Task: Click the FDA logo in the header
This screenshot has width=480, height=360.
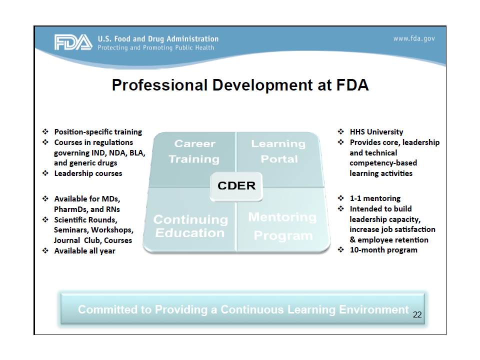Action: (x=73, y=42)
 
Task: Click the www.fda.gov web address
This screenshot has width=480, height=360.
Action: (x=414, y=39)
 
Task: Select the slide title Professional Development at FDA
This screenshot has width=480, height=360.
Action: (x=240, y=85)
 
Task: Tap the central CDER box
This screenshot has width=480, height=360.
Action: (x=236, y=185)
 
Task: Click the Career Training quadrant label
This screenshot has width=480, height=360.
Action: (x=194, y=151)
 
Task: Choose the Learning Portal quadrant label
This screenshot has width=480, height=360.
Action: (x=278, y=151)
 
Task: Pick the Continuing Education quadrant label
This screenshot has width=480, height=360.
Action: (x=190, y=226)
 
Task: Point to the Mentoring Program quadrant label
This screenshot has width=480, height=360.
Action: (x=282, y=226)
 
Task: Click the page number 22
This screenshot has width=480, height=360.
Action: (x=417, y=315)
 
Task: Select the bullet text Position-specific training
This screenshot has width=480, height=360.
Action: (x=98, y=132)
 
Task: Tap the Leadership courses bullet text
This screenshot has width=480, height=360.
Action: (x=88, y=173)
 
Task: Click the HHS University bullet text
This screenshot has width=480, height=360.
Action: (x=376, y=132)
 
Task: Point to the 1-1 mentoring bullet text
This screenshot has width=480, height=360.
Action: (x=374, y=198)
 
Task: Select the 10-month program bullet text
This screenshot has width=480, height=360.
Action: (x=383, y=250)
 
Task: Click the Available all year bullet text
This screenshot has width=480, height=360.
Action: (x=84, y=251)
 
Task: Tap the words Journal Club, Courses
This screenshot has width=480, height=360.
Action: (x=93, y=240)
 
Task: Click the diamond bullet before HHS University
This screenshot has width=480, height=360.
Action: (x=340, y=132)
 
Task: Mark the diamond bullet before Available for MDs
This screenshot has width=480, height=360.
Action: (x=45, y=199)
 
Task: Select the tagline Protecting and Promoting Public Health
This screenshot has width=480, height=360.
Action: (x=155, y=48)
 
